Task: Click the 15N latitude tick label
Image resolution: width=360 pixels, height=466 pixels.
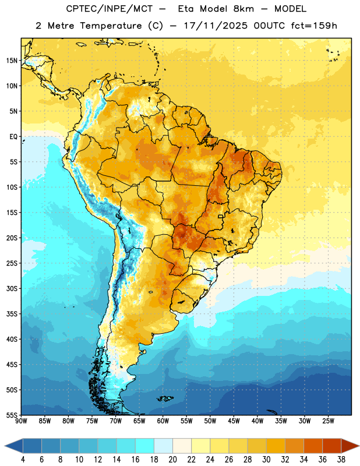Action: tap(12, 61)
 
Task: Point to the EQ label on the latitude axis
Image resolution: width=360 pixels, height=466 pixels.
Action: tap(13, 137)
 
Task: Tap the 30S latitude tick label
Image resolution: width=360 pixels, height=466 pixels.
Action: tap(12, 288)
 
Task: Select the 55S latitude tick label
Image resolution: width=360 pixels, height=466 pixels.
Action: tap(12, 415)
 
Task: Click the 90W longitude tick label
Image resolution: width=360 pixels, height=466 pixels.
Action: tap(21, 421)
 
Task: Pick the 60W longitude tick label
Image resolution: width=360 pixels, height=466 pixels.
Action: tap(163, 421)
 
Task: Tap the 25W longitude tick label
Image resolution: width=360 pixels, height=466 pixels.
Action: tap(328, 421)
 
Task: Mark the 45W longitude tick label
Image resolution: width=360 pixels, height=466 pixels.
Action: tap(234, 421)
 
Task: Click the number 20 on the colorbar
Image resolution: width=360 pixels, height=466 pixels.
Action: tap(172, 460)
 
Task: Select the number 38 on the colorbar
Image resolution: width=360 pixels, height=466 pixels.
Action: tap(341, 460)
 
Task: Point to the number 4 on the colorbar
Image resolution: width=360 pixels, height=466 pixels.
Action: tap(23, 460)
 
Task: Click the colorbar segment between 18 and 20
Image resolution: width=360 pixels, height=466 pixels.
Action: tap(163, 446)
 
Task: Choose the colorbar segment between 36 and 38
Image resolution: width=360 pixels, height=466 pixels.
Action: tap(332, 446)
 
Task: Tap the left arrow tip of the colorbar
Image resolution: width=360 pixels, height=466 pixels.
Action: tap(5, 446)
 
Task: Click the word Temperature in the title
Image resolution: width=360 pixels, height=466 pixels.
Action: tap(111, 26)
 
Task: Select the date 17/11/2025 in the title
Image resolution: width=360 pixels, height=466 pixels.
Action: tap(216, 26)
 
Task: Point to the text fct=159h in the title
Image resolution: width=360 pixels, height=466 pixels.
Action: tap(314, 26)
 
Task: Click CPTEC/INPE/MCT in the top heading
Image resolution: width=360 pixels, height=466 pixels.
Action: tap(110, 9)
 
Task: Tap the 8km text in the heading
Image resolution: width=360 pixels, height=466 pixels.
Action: tap(243, 9)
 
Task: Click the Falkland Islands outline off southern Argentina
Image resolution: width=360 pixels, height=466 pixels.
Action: tap(165, 398)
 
